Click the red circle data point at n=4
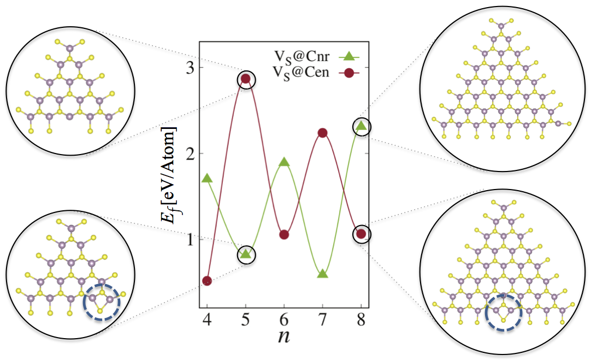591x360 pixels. tap(207, 281)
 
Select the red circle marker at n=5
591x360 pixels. tap(246, 79)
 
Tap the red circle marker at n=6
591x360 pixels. tap(284, 235)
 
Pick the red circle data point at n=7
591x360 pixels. tap(322, 133)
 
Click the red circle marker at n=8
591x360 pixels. tap(361, 234)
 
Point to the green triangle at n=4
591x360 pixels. tap(207, 178)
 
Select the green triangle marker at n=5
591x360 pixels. tap(246, 253)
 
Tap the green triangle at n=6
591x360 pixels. tap(284, 162)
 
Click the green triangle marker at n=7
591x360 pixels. tap(322, 274)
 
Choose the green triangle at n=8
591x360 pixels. tap(361, 126)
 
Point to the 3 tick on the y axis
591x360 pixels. tap(188, 68)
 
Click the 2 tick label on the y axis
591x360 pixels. tap(188, 154)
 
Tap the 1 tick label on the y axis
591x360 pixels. tap(188, 239)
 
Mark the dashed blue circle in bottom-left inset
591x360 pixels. tap(101, 301)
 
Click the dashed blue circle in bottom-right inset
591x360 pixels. tap(504, 312)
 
